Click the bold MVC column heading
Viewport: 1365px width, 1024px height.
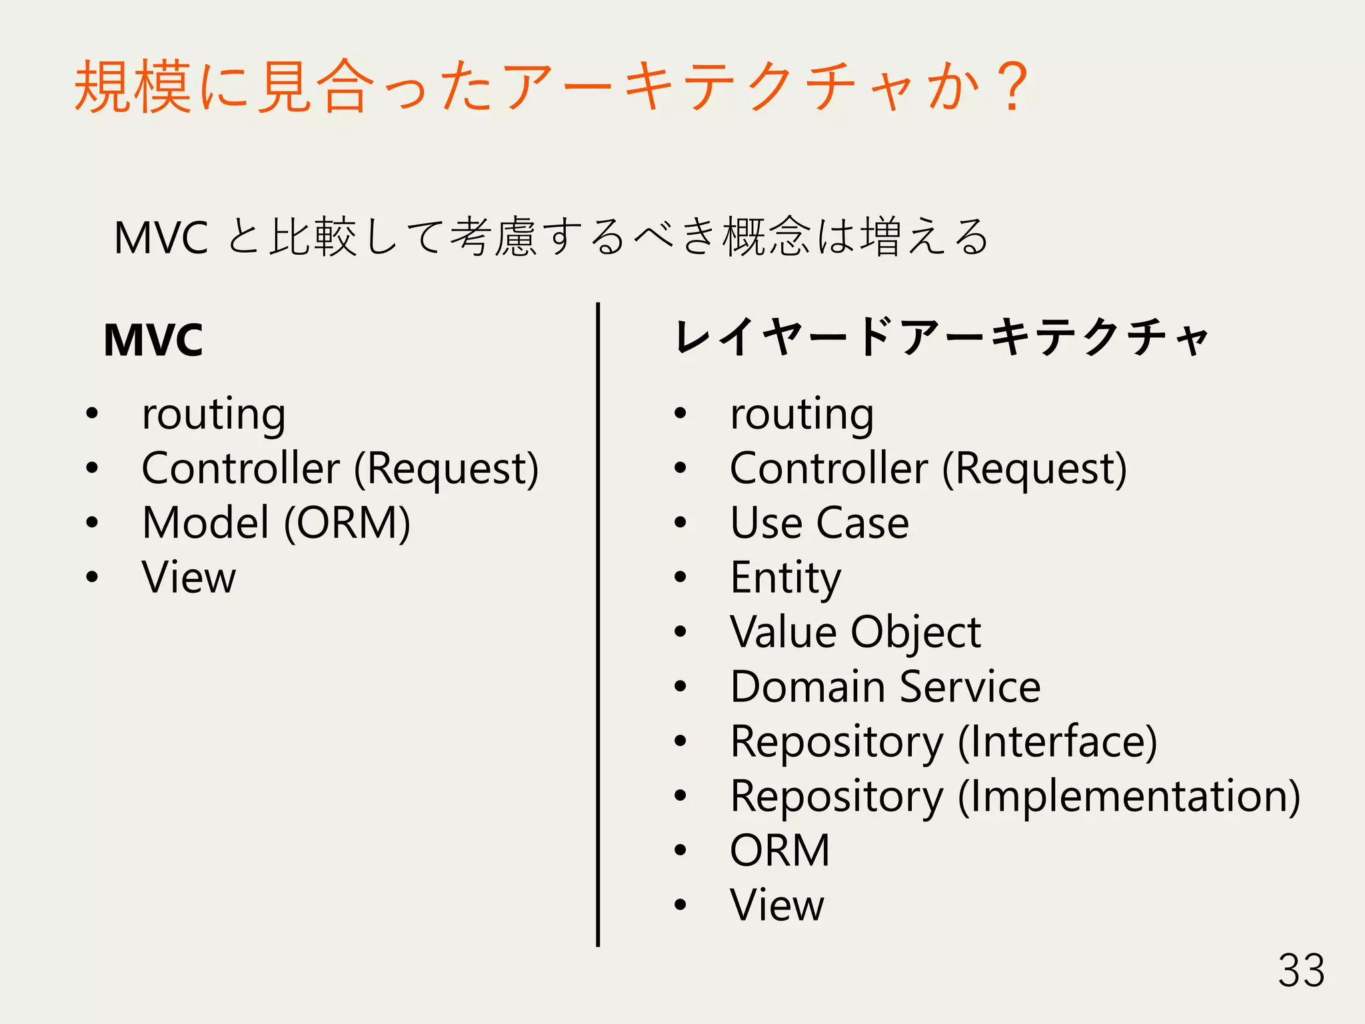(x=153, y=340)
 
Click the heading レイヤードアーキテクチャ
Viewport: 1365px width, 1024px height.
(x=941, y=337)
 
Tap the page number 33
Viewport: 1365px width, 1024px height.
(x=1301, y=971)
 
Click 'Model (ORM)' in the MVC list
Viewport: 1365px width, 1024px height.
(x=276, y=523)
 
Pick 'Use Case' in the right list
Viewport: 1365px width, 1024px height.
(x=819, y=523)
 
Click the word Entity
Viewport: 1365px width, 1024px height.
(x=785, y=577)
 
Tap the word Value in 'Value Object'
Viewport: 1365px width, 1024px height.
(x=784, y=632)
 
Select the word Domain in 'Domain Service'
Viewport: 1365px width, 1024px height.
(x=808, y=687)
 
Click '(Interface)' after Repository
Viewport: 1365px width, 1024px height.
(x=1057, y=741)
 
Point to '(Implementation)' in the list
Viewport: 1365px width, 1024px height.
(x=1128, y=796)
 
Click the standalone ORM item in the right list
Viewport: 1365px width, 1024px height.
(x=780, y=851)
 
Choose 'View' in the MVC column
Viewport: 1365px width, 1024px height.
(x=189, y=577)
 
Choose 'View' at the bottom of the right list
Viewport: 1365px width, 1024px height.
(x=777, y=905)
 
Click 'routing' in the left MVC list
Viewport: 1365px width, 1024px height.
(x=214, y=415)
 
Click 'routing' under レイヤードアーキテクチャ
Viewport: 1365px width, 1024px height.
(x=802, y=415)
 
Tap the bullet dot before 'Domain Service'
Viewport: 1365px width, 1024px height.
(x=680, y=687)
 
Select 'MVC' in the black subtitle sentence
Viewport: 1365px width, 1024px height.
(x=161, y=238)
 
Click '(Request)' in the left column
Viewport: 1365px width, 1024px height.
(x=446, y=469)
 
